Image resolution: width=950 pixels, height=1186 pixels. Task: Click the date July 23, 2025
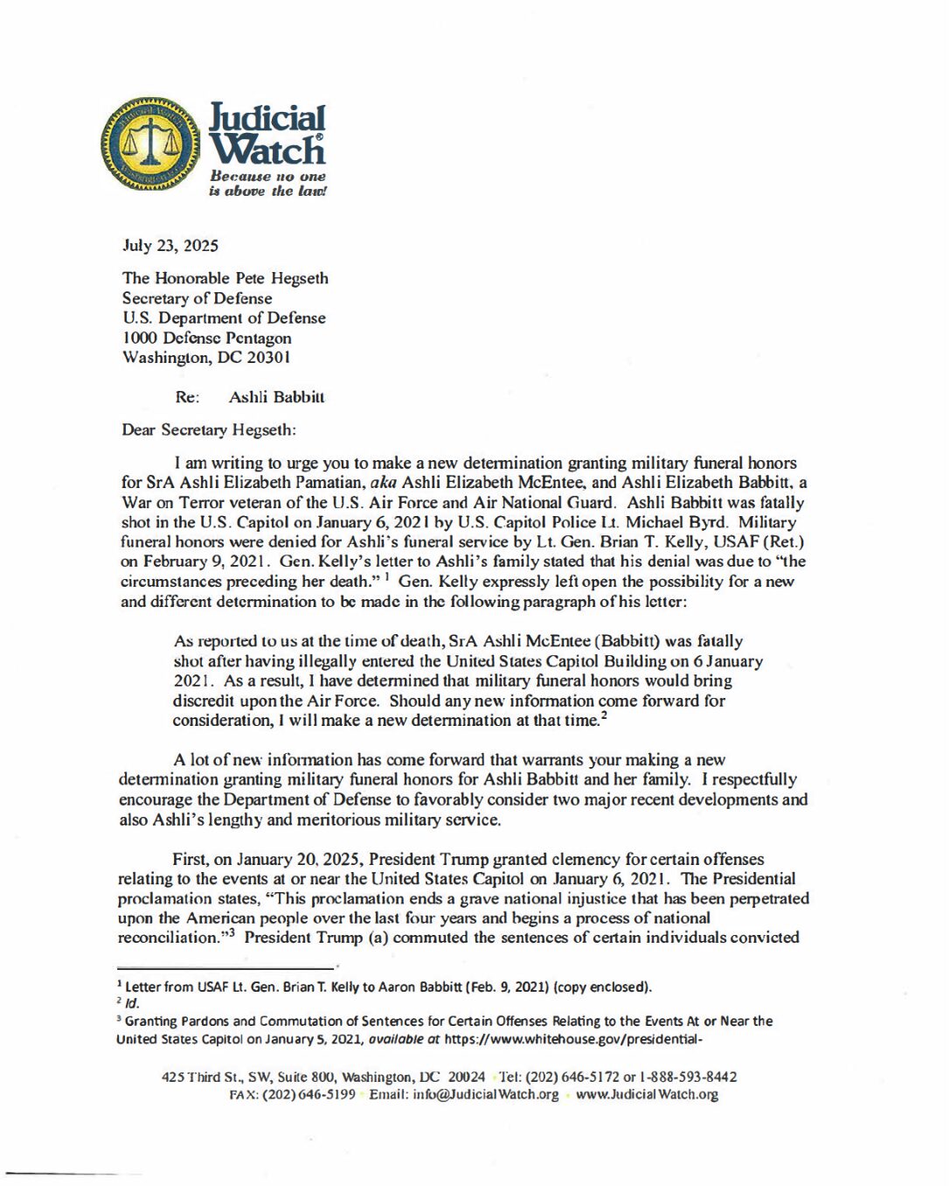[x=170, y=246]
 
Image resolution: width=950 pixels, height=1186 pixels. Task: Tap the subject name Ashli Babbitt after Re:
[x=276, y=397]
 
